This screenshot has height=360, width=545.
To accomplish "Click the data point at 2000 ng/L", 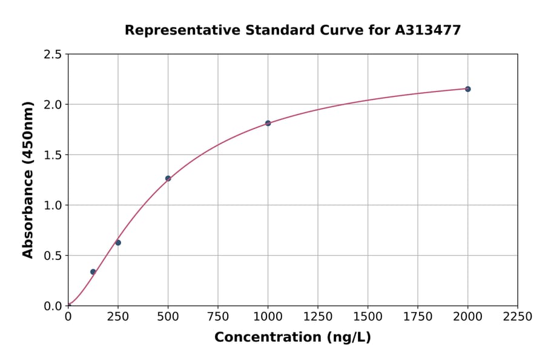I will pos(467,89).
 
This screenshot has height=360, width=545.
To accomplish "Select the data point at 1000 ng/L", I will pos(268,123).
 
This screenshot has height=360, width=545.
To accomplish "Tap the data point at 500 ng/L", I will pos(168,178).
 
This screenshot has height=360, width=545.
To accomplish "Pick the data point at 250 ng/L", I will pos(118,242).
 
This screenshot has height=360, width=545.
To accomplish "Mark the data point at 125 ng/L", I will pos(93,272).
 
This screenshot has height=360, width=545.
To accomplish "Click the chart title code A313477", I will pos(428,30).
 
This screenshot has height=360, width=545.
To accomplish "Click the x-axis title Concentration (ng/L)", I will pos(292,337).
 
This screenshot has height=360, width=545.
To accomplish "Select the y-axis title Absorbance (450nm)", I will pos(28,179).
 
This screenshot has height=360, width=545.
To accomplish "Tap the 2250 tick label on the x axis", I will pos(518,316).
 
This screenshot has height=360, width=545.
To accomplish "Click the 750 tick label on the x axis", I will pos(218,316).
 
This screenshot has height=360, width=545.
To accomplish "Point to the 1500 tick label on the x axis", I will pos(368,316).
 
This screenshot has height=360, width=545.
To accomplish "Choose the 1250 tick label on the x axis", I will pos(318,316).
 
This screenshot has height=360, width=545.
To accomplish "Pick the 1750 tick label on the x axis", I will pos(418,316).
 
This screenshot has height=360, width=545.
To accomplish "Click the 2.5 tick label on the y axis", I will pos(53,55).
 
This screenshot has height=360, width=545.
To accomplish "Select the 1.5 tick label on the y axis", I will pos(53,155).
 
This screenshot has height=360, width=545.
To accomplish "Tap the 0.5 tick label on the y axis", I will pos(53,256).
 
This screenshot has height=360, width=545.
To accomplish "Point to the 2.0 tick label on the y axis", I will pos(53,105).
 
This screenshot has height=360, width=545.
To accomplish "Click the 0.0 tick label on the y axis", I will pos(53,306).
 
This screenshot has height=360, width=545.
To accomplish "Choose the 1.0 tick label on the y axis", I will pos(53,205).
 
